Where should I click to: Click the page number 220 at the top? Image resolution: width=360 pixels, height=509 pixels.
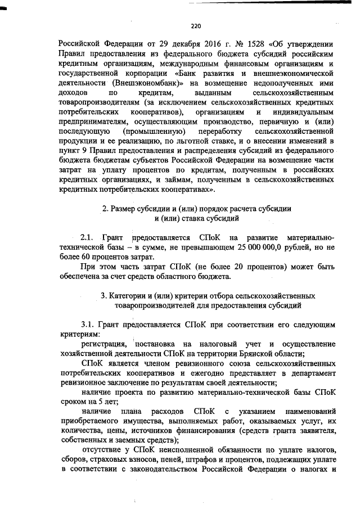pyautogui.click(x=196, y=25)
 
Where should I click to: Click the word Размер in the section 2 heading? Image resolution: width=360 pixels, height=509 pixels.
pyautogui.click(x=126, y=208)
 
